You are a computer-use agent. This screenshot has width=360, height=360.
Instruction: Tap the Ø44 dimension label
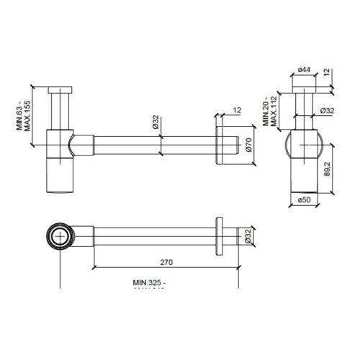(x=303, y=69)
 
